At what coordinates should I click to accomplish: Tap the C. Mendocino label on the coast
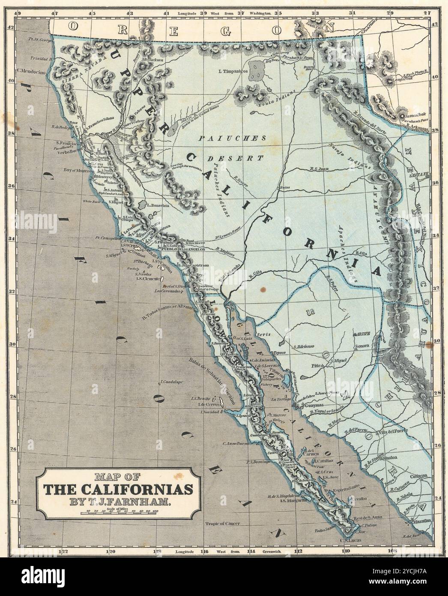coord(32,71)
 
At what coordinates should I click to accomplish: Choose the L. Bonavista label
coord(159,205)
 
